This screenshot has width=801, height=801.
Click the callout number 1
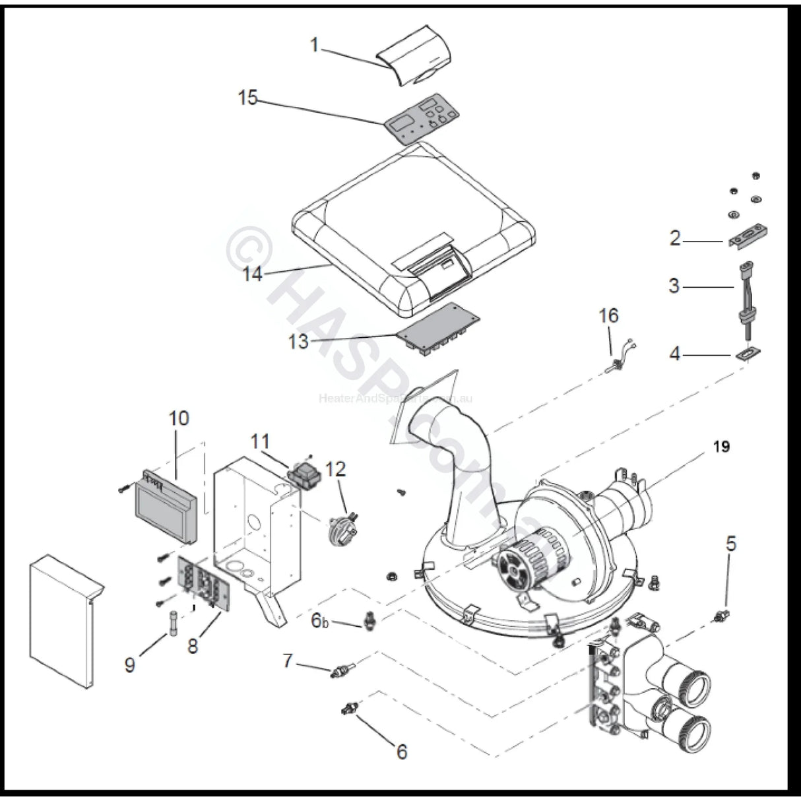(315, 45)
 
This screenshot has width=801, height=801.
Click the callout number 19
(721, 447)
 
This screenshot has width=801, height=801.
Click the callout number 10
(178, 418)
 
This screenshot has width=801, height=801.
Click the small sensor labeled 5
(716, 616)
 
